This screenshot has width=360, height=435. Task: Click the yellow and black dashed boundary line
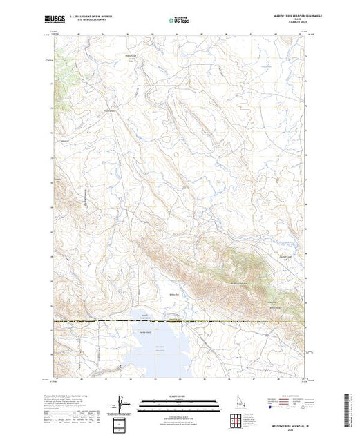(180, 321)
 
